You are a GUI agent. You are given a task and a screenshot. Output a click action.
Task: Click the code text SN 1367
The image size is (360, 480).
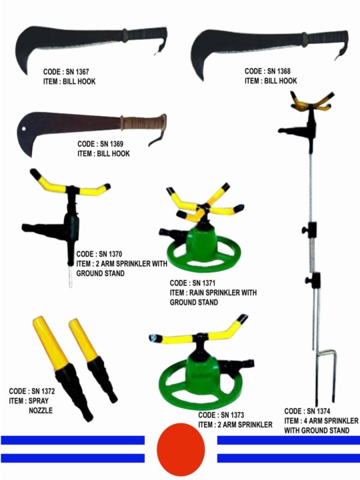tap(77, 72)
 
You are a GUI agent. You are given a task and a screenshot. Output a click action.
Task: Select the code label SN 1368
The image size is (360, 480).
tap(279, 71)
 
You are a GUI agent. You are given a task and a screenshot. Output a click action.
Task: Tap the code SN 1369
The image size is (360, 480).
tap(111, 144)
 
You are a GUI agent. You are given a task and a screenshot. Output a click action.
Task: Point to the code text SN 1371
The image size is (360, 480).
tap(204, 283)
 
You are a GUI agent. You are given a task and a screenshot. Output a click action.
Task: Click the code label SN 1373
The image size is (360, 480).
tap(233, 415)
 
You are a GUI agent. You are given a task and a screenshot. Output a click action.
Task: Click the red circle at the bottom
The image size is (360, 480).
tap(181, 449)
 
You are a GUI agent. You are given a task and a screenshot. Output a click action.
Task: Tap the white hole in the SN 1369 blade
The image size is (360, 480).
tap(23, 129)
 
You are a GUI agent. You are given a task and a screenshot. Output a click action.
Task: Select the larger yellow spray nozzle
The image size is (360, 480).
tap(61, 367)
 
